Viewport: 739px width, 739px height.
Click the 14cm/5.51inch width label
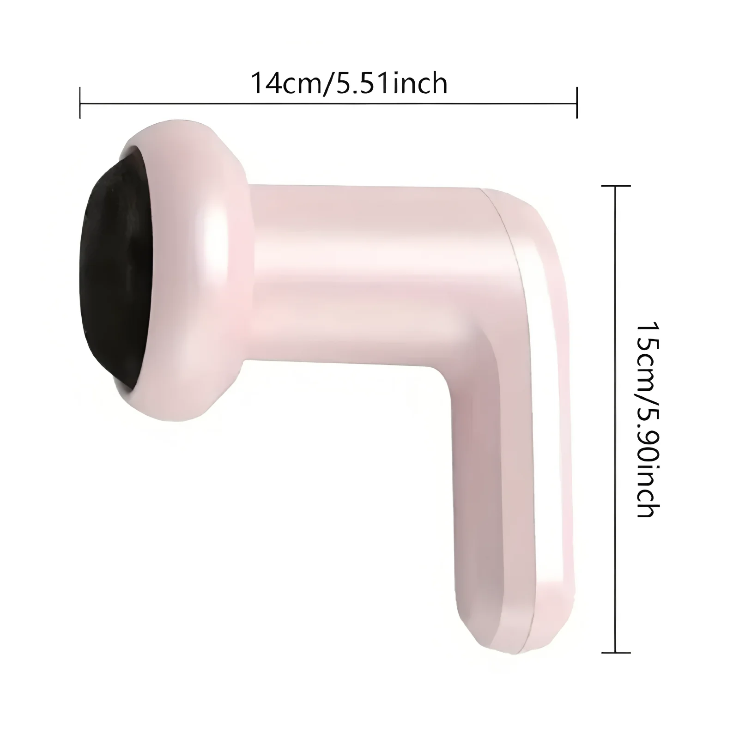click(x=349, y=84)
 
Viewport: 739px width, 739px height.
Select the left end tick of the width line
click(x=80, y=103)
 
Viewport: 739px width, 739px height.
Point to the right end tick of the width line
click(x=577, y=103)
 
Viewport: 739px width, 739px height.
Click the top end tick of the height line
click(x=616, y=186)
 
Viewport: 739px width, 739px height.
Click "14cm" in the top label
click(x=286, y=84)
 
